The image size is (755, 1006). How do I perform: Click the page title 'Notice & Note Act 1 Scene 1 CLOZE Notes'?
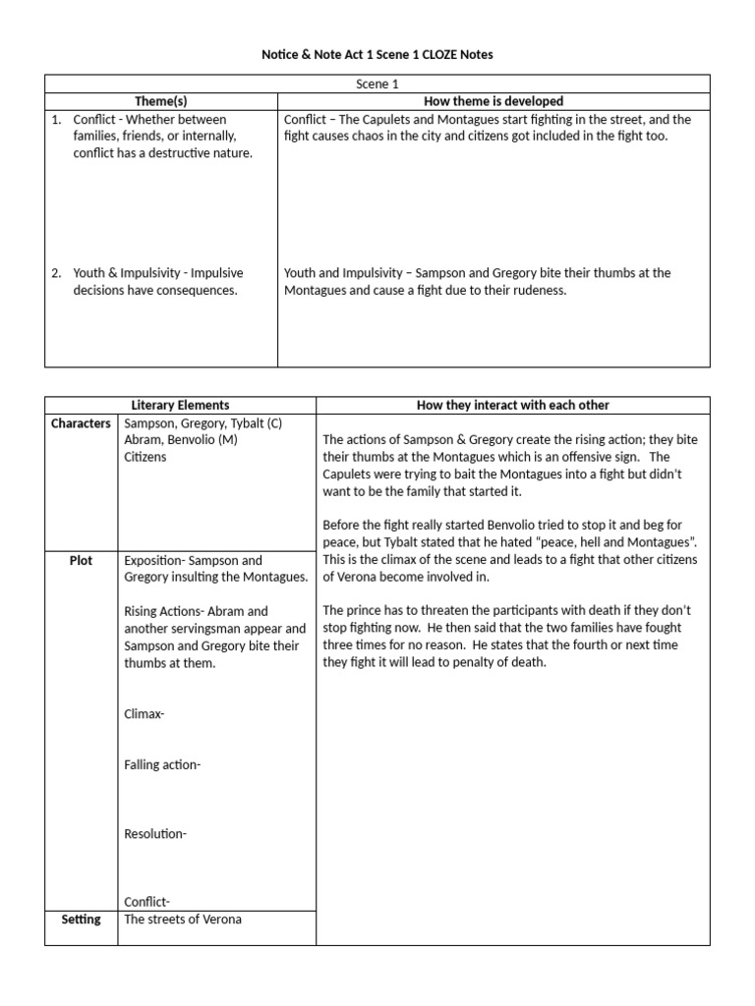click(x=377, y=55)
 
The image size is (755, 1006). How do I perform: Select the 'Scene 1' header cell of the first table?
click(x=377, y=84)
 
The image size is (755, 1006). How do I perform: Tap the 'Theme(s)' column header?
click(x=162, y=101)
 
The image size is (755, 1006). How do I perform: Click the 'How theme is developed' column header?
click(x=494, y=101)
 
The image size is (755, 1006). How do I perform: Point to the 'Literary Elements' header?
click(x=181, y=405)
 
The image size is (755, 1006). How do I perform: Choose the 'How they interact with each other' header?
click(x=512, y=405)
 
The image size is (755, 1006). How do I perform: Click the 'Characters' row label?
click(x=81, y=423)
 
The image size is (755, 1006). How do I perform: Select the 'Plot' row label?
click(x=81, y=560)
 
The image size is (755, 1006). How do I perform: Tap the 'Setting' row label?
click(x=81, y=920)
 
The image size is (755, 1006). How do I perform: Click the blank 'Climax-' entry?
click(x=145, y=714)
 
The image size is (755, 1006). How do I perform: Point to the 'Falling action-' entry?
click(x=162, y=764)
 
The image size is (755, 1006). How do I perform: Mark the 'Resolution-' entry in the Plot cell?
click(x=155, y=834)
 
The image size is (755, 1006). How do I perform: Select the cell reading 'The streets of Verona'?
click(x=183, y=920)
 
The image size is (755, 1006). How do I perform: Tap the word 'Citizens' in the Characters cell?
click(x=145, y=457)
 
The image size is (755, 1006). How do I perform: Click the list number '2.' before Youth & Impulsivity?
click(x=57, y=273)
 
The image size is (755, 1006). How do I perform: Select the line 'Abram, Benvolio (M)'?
click(x=181, y=440)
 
